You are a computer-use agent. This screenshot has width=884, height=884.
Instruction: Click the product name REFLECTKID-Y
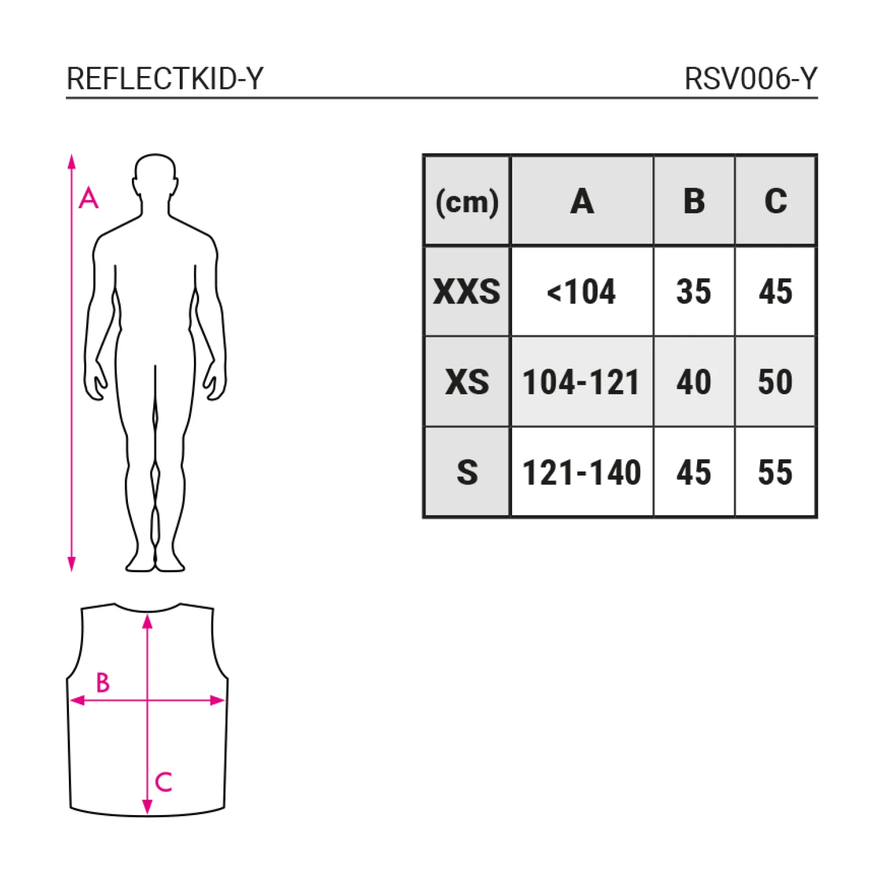[165, 78]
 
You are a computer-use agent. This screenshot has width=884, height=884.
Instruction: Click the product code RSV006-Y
[751, 78]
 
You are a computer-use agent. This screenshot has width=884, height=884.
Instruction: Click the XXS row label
[467, 292]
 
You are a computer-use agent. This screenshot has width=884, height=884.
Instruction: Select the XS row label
[467, 382]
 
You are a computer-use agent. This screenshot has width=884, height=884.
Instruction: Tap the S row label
[467, 473]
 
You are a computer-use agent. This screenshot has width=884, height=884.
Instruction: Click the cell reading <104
[582, 292]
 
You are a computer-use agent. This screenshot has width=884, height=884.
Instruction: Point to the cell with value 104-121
[582, 382]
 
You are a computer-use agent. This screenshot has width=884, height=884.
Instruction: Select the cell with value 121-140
[582, 473]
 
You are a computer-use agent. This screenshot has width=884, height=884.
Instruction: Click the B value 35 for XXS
[694, 292]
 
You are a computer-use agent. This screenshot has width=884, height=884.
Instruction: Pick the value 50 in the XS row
[775, 382]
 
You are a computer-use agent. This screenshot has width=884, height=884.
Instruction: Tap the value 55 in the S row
[775, 473]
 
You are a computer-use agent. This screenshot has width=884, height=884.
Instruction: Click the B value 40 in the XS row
[694, 382]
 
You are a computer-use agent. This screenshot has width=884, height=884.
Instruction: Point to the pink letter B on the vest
[103, 682]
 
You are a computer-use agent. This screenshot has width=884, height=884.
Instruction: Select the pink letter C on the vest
[163, 782]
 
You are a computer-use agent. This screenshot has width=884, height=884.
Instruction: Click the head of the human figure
[155, 177]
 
